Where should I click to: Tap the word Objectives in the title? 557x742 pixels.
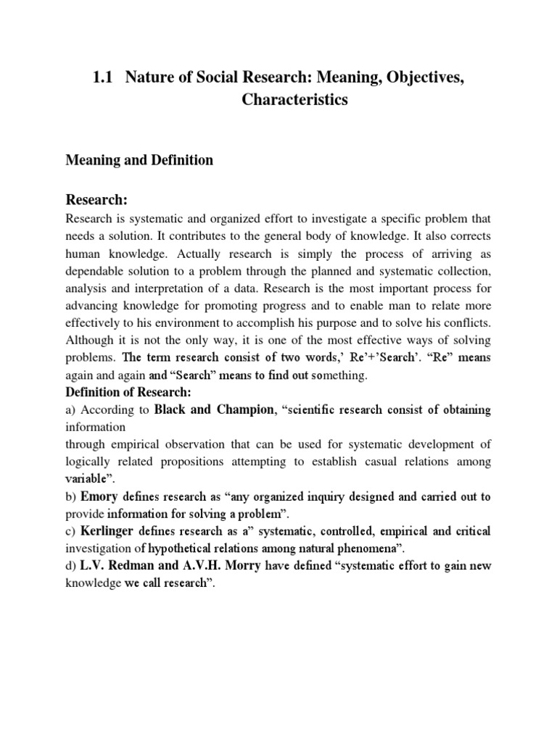[410, 78]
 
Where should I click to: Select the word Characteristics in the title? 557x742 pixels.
[294, 100]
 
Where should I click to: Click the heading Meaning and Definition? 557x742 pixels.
[140, 160]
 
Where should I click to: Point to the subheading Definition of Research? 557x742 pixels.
[128, 392]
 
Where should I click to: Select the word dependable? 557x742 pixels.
[99, 270]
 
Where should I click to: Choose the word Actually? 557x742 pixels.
[216, 253]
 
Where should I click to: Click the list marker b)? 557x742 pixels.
[71, 496]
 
